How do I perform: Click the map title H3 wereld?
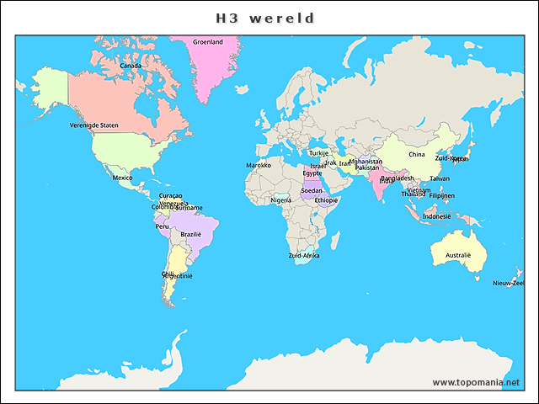pos(265,18)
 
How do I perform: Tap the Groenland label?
pos(208,41)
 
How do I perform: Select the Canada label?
pos(131,66)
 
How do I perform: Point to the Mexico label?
pos(123,178)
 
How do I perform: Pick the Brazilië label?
pos(191,234)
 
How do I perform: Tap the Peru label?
pos(163,226)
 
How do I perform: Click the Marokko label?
pos(259,166)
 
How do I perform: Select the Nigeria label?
pos(281,200)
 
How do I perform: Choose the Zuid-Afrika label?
pos(304,255)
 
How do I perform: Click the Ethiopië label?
pos(326,200)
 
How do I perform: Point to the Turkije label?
pos(318,153)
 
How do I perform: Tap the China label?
pos(417,155)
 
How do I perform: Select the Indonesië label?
pos(437,215)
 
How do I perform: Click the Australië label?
pos(458,254)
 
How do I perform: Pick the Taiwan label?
pos(440,178)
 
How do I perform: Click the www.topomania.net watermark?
pos(477,382)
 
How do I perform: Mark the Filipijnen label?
pos(442,195)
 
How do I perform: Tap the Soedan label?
pos(312,190)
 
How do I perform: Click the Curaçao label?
pos(170,195)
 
